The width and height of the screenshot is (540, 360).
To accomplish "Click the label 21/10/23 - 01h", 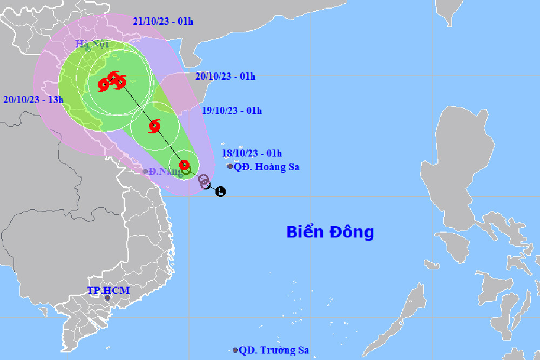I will (163, 21).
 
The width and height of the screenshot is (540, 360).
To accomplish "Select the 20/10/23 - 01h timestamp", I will (225, 76).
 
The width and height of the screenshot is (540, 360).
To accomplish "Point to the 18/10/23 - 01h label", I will (252, 153).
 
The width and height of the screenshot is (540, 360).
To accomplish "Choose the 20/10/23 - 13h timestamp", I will (33, 99).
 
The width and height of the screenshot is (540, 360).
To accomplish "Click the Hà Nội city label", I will (92, 44).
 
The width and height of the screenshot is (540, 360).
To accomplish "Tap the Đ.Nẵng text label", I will (166, 172).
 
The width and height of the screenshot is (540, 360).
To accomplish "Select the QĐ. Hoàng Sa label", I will (266, 167).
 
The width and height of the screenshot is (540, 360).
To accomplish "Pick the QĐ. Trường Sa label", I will (274, 350).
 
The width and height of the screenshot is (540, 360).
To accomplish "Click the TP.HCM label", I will (109, 291).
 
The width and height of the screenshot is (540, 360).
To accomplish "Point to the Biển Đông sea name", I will (330, 232).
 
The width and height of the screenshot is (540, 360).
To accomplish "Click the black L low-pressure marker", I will (220, 191).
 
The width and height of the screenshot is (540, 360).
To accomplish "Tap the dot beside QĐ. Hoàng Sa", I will (231, 166).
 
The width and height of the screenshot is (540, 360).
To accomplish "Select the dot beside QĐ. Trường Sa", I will (235, 350).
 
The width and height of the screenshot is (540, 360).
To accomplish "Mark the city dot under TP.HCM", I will (107, 298).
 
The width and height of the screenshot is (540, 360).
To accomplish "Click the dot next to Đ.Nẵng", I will (145, 172).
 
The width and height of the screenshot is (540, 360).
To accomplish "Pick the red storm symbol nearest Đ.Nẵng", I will (184, 165).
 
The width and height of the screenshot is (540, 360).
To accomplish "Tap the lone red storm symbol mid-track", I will (154, 127).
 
